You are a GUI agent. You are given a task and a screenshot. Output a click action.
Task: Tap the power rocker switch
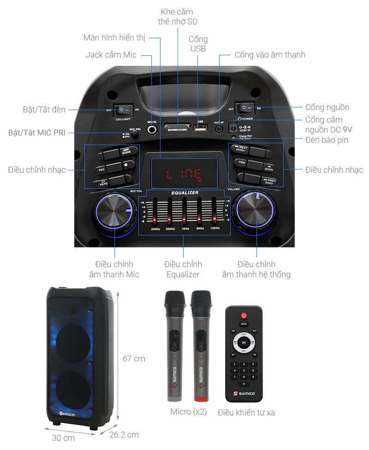[245, 108]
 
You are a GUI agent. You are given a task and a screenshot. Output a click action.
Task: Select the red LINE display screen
[184, 174]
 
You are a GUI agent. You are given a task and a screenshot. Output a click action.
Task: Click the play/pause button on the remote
[244, 343]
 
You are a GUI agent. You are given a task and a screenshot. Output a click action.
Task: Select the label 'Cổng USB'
[198, 44]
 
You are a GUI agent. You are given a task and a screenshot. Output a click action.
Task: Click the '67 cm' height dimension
[134, 358]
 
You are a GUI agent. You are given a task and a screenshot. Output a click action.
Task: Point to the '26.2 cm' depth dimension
[124, 434]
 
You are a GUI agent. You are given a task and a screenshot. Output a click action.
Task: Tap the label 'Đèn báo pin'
[327, 140]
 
